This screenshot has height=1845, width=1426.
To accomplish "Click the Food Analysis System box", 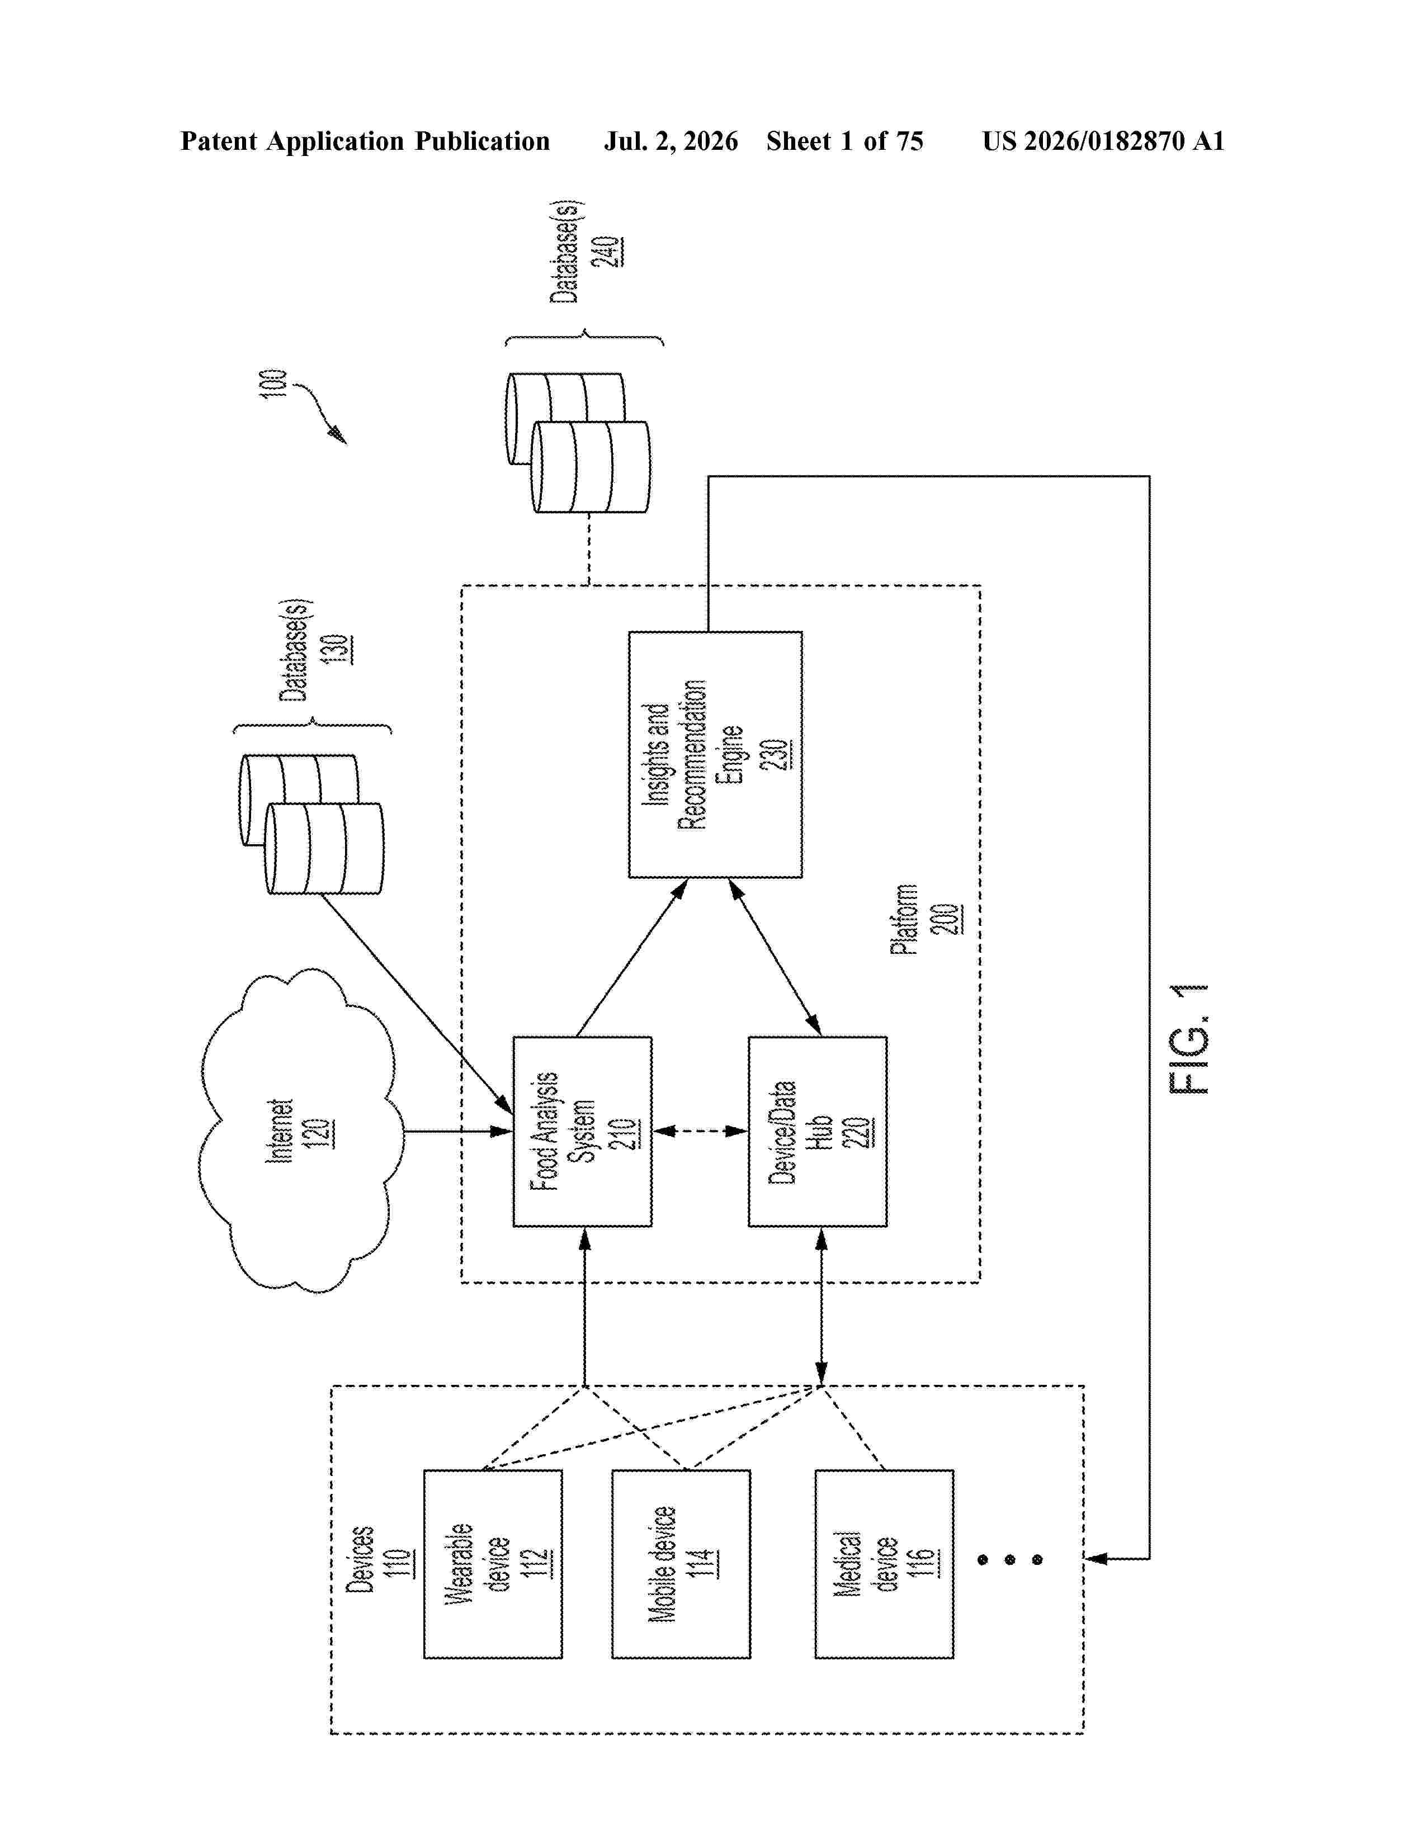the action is [x=582, y=1131].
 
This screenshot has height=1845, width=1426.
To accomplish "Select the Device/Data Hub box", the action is [x=817, y=1131].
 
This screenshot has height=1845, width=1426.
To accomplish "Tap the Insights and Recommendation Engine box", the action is [x=715, y=754].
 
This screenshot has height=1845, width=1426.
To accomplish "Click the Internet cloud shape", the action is [x=300, y=1130].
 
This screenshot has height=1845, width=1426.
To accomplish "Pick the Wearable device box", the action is [x=493, y=1564].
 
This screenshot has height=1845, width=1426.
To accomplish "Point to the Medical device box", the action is [x=884, y=1564].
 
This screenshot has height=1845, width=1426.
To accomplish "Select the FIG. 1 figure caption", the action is [x=1189, y=1039].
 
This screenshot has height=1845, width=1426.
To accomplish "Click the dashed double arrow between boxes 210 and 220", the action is [x=700, y=1130].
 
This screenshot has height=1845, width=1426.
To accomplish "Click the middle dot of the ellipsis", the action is [x=1009, y=1559].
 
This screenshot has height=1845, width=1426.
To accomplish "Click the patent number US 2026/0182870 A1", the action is [x=1103, y=141].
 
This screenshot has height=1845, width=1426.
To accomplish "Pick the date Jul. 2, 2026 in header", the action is [x=670, y=141].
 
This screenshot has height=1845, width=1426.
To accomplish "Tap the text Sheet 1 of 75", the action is [x=845, y=141].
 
